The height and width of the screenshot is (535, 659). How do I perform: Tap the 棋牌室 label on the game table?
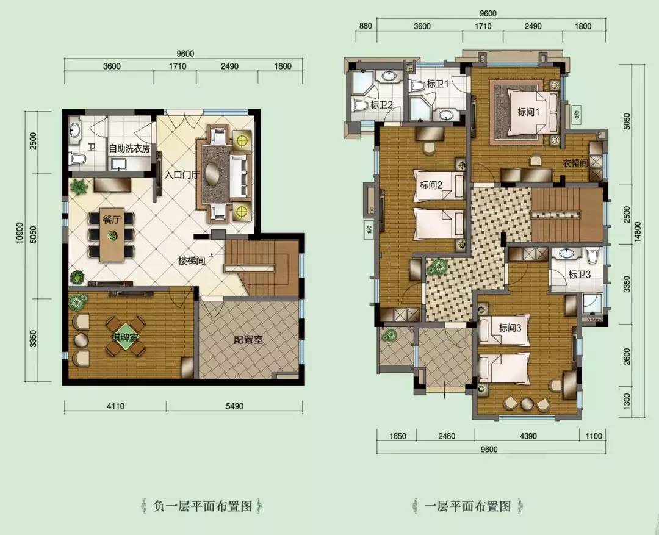tap(125, 337)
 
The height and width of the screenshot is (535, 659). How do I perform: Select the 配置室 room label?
tap(248, 340)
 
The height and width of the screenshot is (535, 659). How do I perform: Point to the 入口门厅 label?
tap(181, 174)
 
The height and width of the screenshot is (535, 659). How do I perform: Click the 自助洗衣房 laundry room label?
tap(129, 148)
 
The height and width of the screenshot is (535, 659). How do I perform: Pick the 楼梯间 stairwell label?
tap(192, 260)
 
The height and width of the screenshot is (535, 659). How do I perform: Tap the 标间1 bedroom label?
tap(528, 112)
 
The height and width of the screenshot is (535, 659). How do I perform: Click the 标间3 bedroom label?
tap(510, 328)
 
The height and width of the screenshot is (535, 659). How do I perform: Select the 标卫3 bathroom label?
tap(580, 275)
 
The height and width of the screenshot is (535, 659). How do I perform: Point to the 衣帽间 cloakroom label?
tap(575, 163)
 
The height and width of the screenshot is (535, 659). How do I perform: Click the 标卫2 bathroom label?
tap(381, 105)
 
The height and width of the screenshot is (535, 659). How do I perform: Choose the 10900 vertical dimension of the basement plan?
tap(20, 245)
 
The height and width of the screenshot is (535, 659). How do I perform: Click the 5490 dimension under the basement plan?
tap(234, 406)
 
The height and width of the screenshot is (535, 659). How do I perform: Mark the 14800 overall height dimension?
tap(639, 234)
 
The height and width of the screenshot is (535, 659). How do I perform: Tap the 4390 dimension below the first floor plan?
tap(528, 436)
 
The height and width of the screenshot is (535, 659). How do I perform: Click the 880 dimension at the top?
tap(366, 26)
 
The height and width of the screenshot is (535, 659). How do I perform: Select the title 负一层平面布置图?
tap(203, 506)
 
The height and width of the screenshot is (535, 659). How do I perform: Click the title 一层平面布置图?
tap(467, 506)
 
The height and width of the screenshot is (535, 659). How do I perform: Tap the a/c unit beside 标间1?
tap(577, 113)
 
